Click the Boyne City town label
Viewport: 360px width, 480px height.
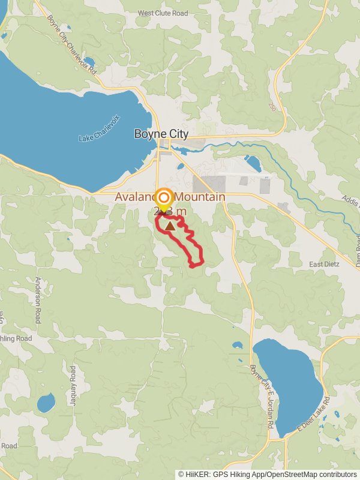coord(161,134)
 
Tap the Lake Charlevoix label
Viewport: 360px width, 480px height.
coord(100,128)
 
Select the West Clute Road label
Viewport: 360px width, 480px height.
coord(162,13)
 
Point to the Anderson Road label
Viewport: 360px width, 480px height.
coord(37,299)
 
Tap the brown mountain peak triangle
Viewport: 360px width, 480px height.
coord(171,226)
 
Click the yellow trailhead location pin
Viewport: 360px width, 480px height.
coord(164,199)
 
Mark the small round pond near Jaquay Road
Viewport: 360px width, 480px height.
coord(46,403)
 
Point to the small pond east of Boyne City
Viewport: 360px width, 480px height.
coord(253,163)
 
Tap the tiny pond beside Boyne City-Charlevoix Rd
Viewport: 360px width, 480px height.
coord(89,61)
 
